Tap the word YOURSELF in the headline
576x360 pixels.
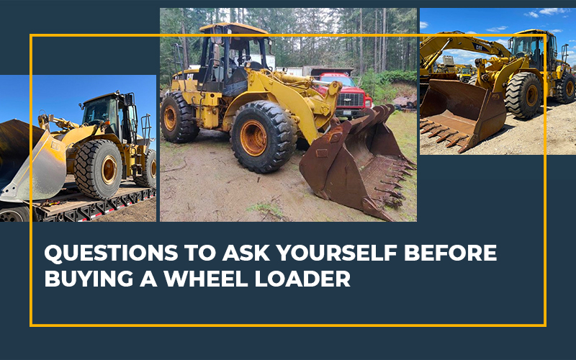point(336,253)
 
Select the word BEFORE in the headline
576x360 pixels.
point(451,253)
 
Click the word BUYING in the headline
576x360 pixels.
point(89,279)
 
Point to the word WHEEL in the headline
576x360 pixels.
point(206,279)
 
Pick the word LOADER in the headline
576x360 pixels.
point(302,279)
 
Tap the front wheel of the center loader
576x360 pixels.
point(263,137)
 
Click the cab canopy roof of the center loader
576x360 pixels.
point(233,29)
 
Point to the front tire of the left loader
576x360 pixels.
point(99,169)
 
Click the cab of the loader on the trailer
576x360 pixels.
point(109,114)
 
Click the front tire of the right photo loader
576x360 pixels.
point(523,95)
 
